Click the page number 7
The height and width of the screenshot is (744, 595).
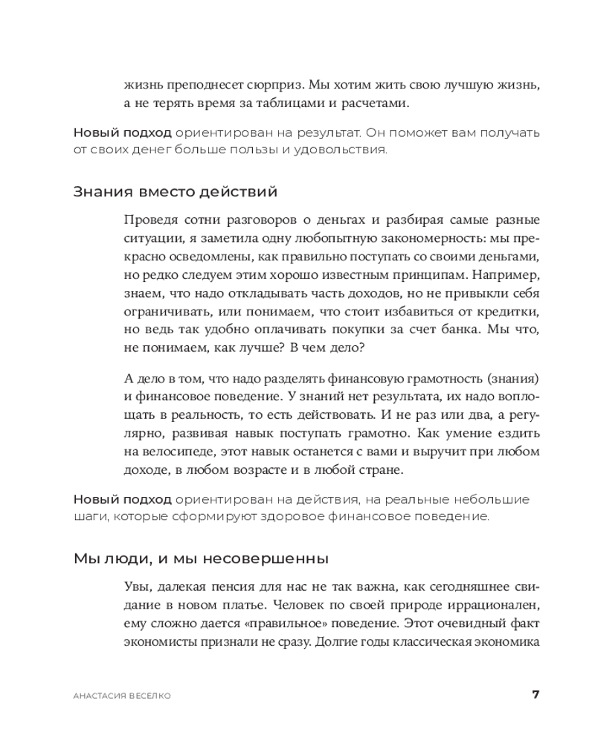point(535,695)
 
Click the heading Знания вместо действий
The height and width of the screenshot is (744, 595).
point(176,193)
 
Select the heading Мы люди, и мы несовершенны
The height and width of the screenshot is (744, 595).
point(201,558)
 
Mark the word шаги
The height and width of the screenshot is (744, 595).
point(88,516)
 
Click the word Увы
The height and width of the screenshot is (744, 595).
point(137,586)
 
